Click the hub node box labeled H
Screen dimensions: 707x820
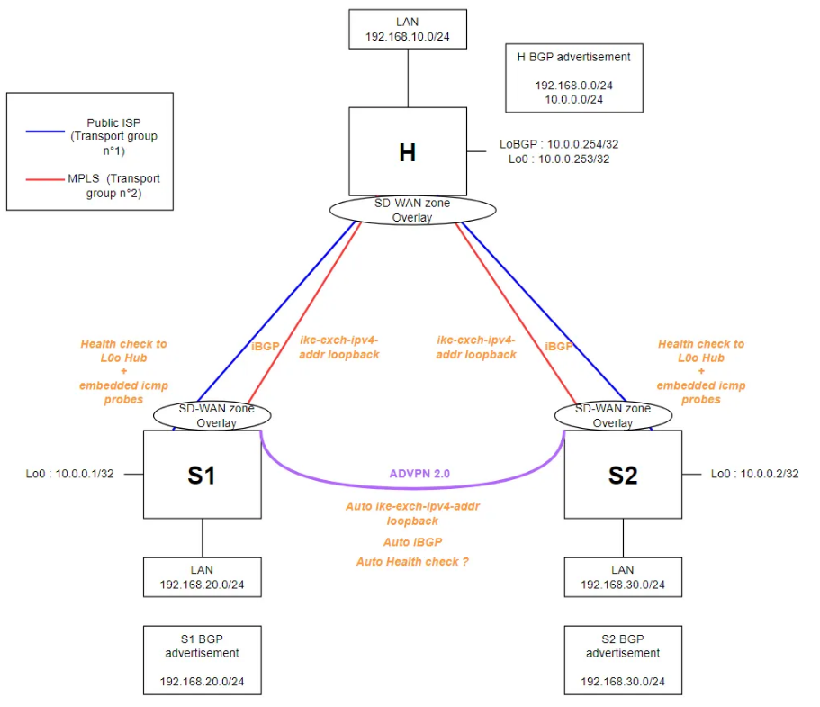pyautogui.click(x=407, y=150)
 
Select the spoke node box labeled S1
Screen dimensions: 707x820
pyautogui.click(x=201, y=474)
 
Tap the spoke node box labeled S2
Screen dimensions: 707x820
pyautogui.click(x=622, y=474)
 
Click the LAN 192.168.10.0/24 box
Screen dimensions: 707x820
pyautogui.click(x=408, y=28)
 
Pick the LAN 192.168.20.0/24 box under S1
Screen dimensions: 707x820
pyautogui.click(x=202, y=577)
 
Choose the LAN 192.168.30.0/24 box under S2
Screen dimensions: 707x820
pyautogui.click(x=622, y=577)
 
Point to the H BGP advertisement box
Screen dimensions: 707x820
pyautogui.click(x=573, y=78)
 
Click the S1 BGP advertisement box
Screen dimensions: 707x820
pyautogui.click(x=202, y=660)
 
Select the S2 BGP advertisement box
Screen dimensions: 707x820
pyautogui.click(x=622, y=660)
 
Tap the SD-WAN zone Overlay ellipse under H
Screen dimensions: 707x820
pyautogui.click(x=412, y=210)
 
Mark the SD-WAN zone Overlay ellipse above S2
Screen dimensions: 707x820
pyautogui.click(x=612, y=415)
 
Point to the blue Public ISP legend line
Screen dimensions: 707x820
pyautogui.click(x=45, y=131)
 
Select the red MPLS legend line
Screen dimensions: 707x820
pyautogui.click(x=45, y=180)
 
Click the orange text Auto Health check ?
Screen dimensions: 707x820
pyautogui.click(x=412, y=561)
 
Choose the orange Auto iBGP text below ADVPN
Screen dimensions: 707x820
pyautogui.click(x=412, y=542)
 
